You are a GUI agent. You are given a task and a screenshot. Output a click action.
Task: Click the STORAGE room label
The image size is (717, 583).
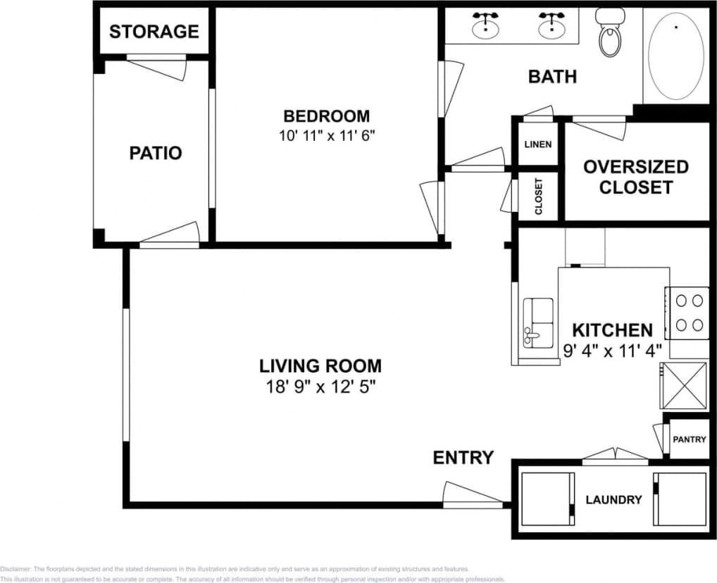pos(154,32)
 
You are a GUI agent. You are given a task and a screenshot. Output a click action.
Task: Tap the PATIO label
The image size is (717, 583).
pos(155,153)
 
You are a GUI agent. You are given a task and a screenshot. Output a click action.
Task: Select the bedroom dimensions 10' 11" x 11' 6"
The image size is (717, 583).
pos(326,135)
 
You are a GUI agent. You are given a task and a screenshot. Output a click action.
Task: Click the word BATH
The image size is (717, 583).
pos(552,76)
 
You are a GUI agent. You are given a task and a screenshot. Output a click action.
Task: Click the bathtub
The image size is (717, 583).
pos(675,56)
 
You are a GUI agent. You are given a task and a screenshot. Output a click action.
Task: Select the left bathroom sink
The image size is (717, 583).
pos(485,27)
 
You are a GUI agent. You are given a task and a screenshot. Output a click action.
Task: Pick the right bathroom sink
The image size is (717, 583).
pos(552,27)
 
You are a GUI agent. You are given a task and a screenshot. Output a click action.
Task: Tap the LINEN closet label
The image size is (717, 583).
pos(538,144)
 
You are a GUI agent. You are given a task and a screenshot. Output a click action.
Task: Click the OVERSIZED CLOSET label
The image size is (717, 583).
pos(636,177)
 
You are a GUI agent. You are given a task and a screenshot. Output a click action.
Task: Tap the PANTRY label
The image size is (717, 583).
pos(689,439)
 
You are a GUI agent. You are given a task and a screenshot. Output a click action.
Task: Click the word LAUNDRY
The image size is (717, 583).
pos(613,500)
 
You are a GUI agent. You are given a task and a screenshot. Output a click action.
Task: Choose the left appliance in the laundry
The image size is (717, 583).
pos(545,499)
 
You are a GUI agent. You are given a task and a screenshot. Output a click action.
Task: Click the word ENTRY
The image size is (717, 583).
pos(463,458)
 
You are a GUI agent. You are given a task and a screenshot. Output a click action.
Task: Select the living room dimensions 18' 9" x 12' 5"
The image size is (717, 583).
pos(320,387)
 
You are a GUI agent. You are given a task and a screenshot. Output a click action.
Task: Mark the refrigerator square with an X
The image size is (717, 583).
pos(683,385)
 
